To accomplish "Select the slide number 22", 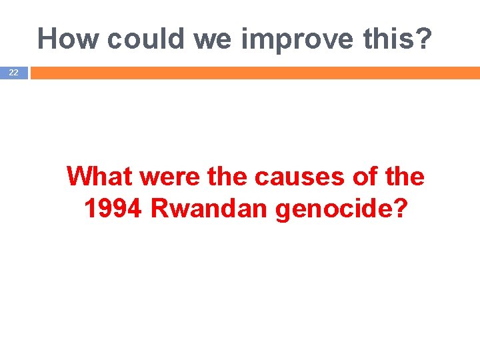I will point(13,73).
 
